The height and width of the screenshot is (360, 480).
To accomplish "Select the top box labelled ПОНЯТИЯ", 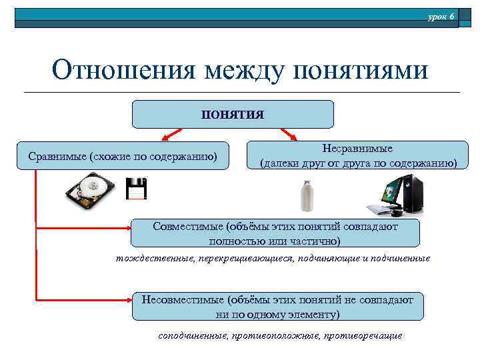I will point(233,114).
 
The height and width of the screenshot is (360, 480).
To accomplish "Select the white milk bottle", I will point(307,197).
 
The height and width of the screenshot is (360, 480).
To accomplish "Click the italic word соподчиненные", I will point(193,335).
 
